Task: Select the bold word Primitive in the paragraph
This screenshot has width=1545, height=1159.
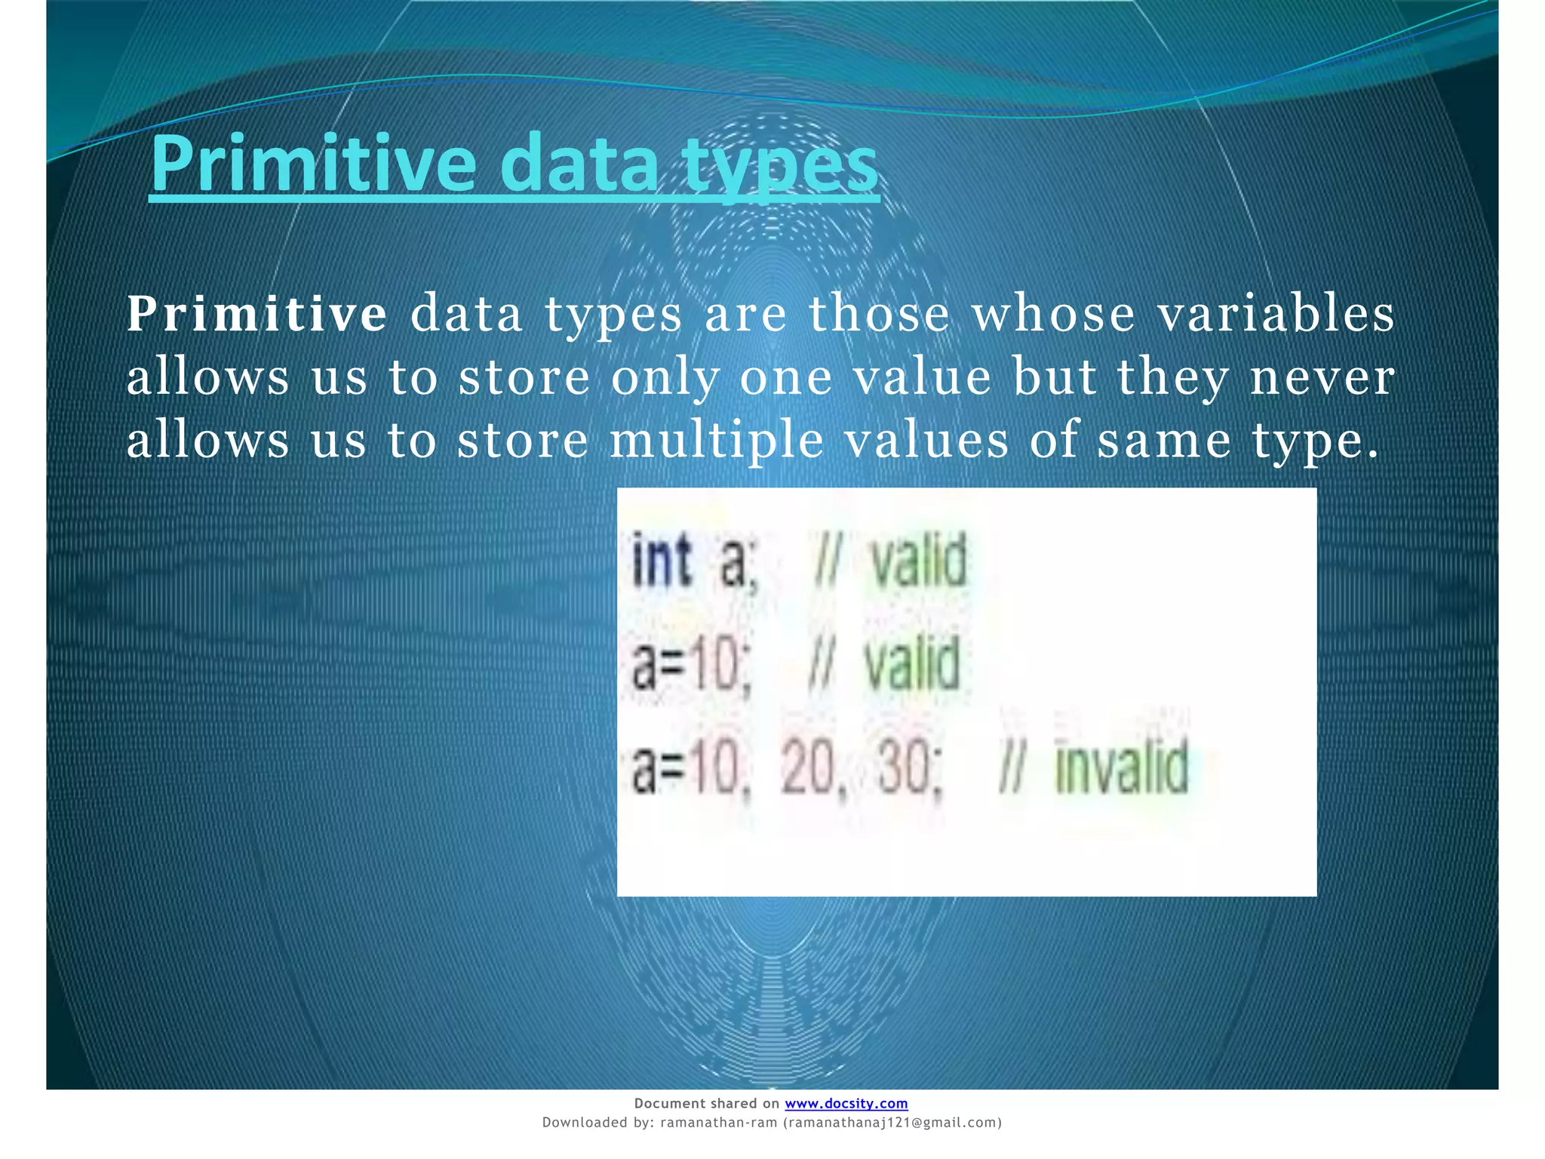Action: point(256,314)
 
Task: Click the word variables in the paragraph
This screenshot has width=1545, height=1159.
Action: point(1276,314)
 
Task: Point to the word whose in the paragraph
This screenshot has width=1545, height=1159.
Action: point(1053,314)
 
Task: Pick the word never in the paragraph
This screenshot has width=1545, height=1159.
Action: point(1322,377)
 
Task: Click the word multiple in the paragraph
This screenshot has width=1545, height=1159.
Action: point(716,441)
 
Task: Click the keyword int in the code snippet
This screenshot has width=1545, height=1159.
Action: point(661,560)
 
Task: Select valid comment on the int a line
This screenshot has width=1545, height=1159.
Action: point(919,560)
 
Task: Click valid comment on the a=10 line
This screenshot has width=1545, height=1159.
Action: point(911,664)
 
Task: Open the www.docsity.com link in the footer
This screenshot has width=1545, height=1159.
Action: point(846,1103)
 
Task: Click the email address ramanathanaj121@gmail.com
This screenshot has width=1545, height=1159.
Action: point(892,1123)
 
